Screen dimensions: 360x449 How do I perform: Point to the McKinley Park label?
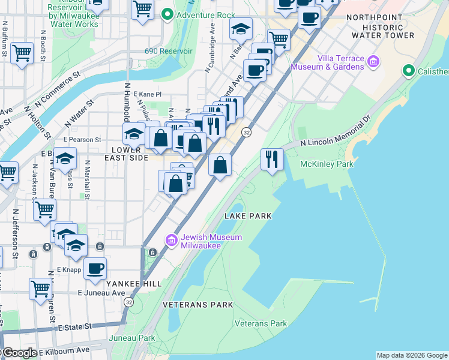point(327,164)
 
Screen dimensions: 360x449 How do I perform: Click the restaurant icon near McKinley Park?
point(273,159)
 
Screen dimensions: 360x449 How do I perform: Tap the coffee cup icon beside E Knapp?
point(95,268)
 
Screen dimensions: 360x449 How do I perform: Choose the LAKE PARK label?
point(248,215)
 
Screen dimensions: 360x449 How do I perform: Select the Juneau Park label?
point(132,338)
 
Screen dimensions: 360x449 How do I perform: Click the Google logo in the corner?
point(19,353)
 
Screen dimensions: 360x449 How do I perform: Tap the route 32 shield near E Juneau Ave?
point(129,303)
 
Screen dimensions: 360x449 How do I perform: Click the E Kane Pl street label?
point(148,94)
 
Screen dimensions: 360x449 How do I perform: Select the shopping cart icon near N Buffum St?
point(22,52)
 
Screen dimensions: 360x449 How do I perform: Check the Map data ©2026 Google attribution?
point(412,355)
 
